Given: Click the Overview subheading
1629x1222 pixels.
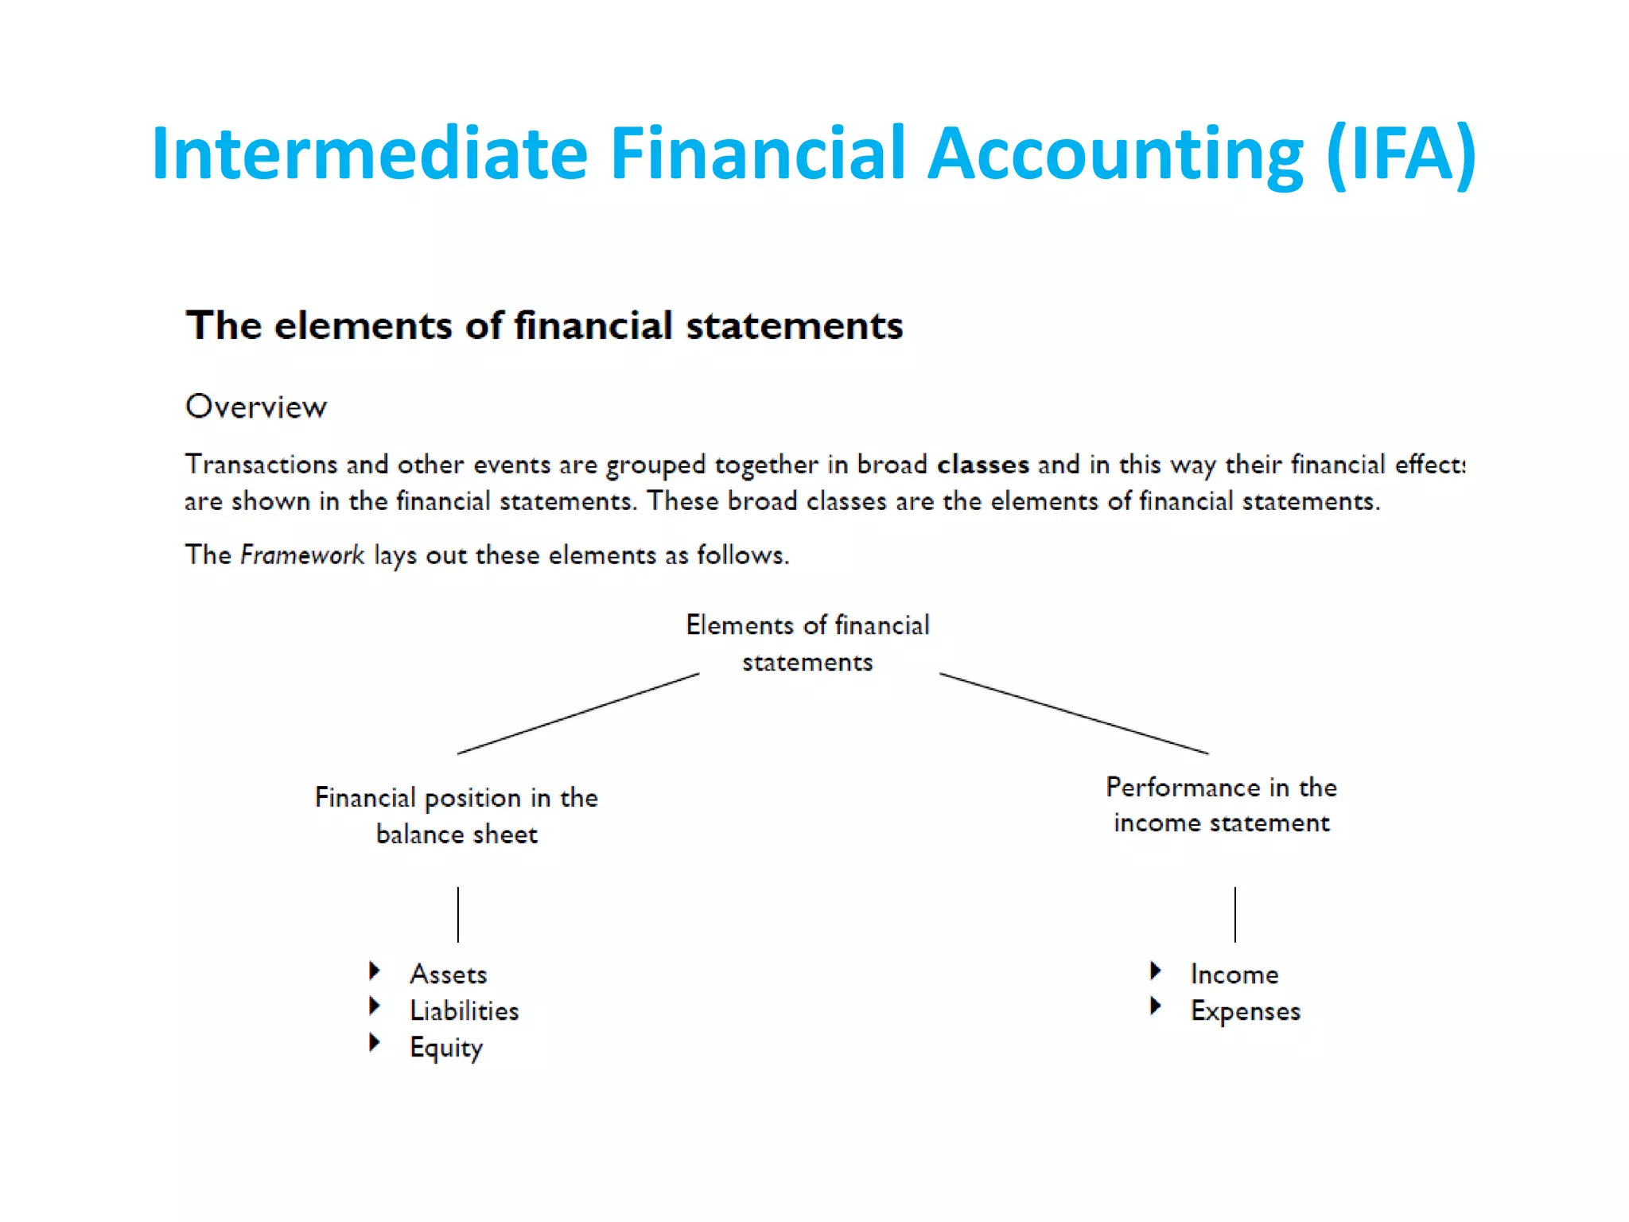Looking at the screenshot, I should point(255,407).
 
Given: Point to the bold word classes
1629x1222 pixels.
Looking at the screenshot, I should point(982,464).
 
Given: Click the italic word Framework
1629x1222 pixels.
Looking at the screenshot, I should point(302,555).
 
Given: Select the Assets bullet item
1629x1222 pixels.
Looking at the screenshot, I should point(448,974).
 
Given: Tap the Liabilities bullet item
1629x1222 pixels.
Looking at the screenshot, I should point(464,1010).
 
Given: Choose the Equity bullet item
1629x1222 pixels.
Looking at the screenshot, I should point(445,1048).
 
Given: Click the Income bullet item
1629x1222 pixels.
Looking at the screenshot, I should point(1234,974).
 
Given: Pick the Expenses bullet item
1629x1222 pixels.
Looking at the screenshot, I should point(1245,1010).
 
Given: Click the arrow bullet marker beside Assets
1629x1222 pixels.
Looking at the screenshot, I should point(375,970).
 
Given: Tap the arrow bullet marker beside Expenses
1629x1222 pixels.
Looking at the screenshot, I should point(1156,1006).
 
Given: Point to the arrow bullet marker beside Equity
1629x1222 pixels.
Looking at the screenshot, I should point(375,1042).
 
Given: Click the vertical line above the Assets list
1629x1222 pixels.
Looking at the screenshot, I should point(458,914).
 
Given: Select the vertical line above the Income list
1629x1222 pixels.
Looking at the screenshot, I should point(1235,914).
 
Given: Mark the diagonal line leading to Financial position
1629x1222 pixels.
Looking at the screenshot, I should point(578,714).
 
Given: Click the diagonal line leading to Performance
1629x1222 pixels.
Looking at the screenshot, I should point(1074,714).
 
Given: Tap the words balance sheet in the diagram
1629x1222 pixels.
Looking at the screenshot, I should point(457,834).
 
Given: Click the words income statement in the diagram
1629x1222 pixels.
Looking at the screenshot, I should point(1221,823).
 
